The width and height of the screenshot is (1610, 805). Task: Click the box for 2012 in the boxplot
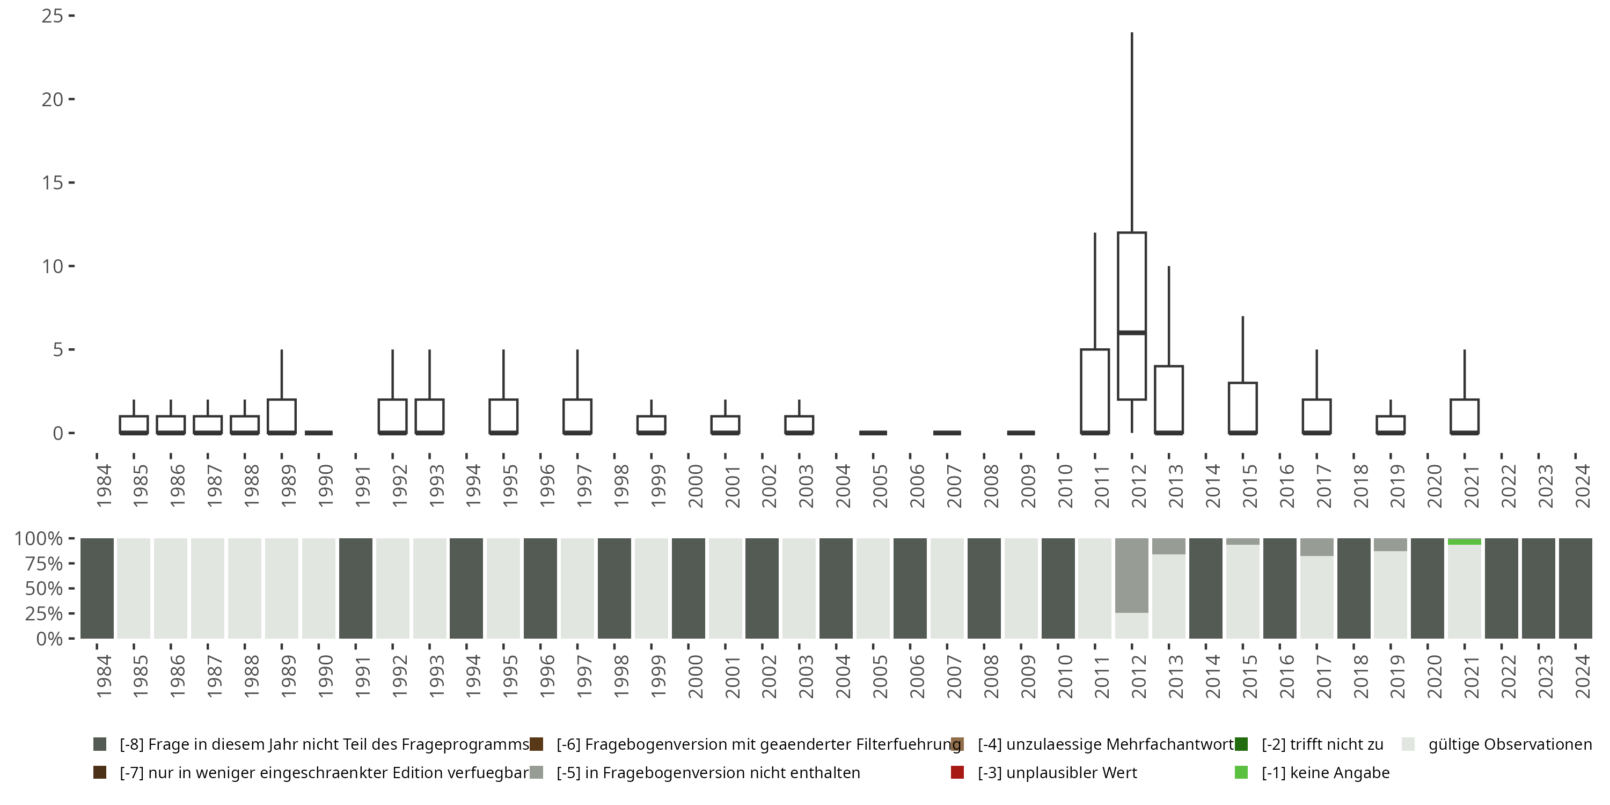[x=1131, y=281]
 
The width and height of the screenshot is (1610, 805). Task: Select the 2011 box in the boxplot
[x=1094, y=391]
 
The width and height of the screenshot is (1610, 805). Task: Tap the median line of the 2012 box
[x=1131, y=333]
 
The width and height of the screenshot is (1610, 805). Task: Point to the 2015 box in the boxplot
[x=1242, y=407]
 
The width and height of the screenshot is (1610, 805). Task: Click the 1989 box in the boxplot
[x=281, y=415]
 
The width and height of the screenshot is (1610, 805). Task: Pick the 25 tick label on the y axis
[x=53, y=16]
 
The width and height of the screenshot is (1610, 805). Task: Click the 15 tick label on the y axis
[x=53, y=182]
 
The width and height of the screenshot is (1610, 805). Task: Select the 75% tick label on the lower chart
[x=39, y=563]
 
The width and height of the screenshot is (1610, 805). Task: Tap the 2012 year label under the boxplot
[x=1139, y=486]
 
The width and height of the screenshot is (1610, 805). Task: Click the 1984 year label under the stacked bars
[x=104, y=676]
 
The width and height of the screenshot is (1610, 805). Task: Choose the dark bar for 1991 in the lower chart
[x=356, y=588]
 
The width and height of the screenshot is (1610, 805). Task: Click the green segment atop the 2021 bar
[x=1465, y=541]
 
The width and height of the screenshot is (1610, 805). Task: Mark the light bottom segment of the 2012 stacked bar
[x=1131, y=626]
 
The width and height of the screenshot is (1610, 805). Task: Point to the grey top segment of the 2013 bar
[x=1169, y=546]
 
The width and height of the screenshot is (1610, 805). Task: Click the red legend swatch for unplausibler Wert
[x=957, y=772]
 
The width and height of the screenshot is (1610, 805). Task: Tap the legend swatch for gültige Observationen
[x=1408, y=744]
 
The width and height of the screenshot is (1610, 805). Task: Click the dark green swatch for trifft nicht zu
[x=1241, y=744]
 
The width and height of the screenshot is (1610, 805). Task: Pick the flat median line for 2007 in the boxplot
[x=947, y=433]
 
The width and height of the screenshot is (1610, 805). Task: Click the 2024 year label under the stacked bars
[x=1583, y=676]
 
